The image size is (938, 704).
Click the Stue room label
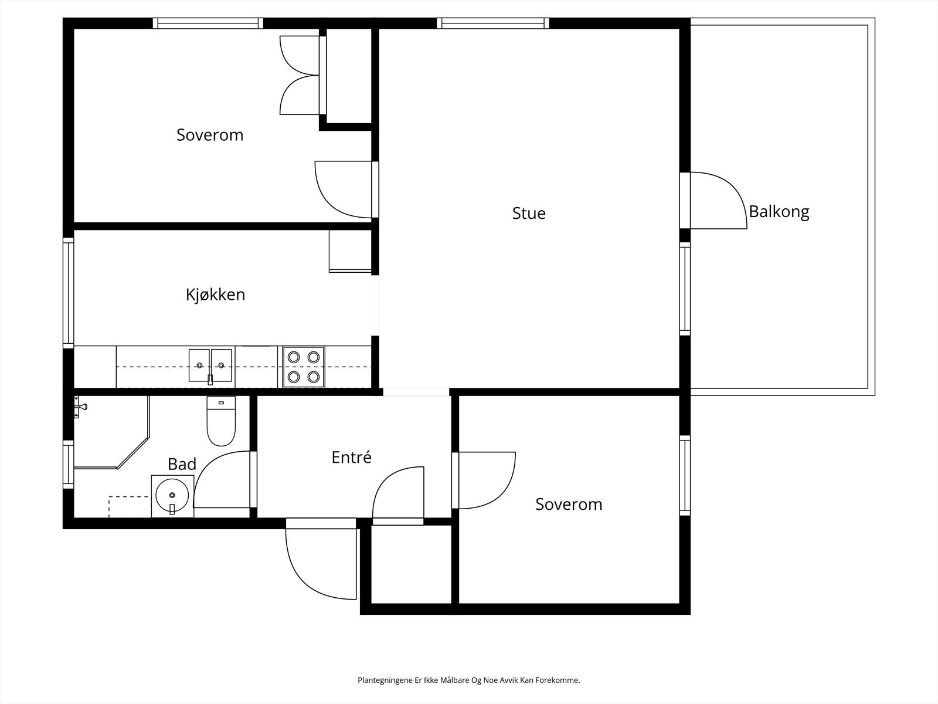[528, 213]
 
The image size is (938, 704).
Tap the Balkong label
[779, 211]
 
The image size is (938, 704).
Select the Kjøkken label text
[215, 295]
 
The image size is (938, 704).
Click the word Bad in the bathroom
[182, 464]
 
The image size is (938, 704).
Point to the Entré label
[351, 458]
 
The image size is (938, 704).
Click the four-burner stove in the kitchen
[304, 367]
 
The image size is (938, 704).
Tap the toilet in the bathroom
[221, 421]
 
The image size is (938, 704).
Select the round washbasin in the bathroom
[172, 496]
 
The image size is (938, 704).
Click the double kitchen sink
[210, 365]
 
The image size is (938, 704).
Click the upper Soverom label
[210, 135]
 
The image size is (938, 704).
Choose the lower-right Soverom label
[569, 505]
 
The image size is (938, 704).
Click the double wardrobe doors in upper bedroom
[300, 75]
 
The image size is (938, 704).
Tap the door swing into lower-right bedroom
[485, 480]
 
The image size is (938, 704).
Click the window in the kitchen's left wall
[69, 292]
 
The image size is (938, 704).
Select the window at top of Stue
[492, 23]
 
